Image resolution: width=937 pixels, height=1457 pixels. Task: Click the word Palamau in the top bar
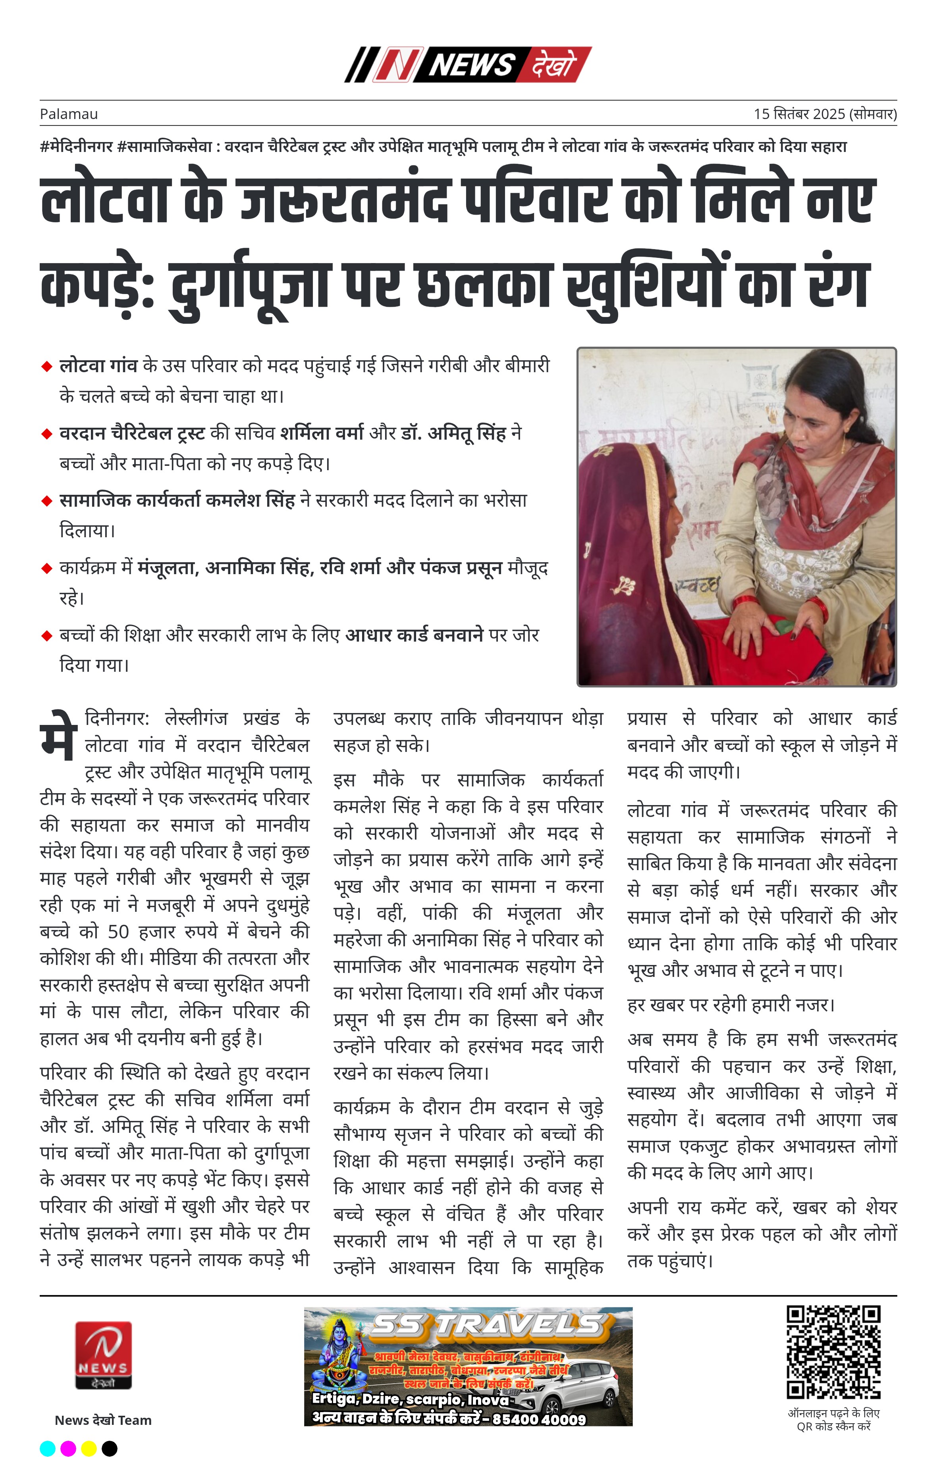click(69, 114)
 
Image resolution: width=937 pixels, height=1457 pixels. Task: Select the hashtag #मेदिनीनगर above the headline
click(77, 146)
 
